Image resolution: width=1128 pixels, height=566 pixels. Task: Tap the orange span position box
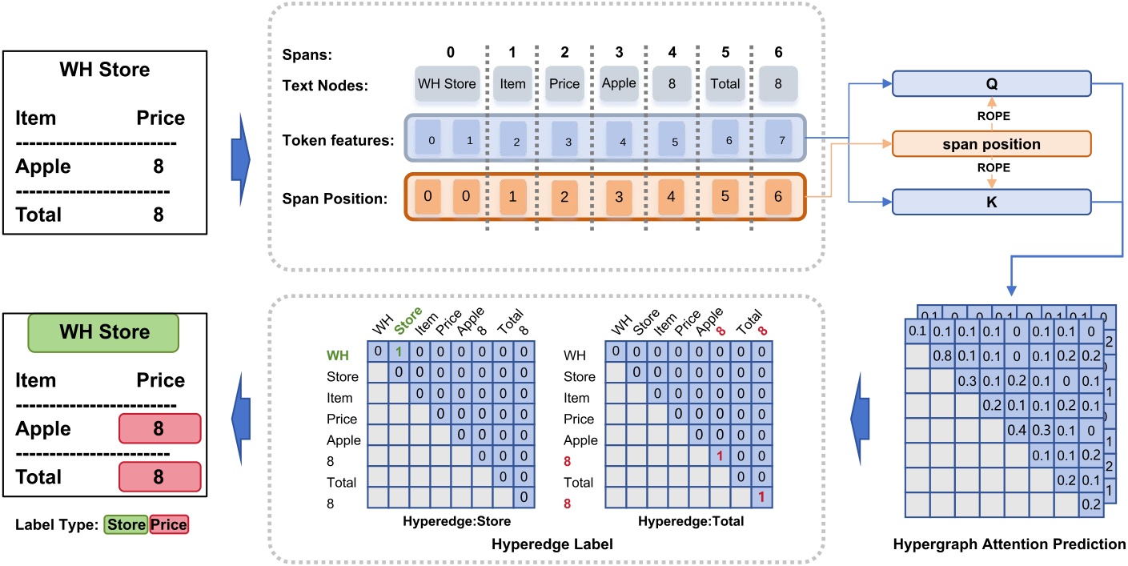pos(991,145)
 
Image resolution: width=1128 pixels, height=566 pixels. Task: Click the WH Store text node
pos(447,83)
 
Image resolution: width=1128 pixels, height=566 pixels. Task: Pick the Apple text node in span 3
pos(619,83)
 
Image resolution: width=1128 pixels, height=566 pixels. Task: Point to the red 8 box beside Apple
pos(159,430)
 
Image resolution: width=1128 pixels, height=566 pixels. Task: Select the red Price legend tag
pos(168,525)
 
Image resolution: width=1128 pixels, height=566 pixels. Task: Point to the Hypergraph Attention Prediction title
pos(1010,544)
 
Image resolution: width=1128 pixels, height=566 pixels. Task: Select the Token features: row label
pos(337,141)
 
